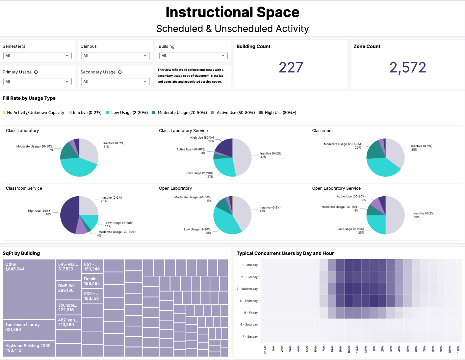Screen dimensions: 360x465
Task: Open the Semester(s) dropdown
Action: point(37,56)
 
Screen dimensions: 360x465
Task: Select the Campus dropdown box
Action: point(115,56)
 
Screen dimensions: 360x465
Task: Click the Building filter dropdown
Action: point(193,56)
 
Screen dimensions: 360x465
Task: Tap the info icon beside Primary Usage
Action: point(36,72)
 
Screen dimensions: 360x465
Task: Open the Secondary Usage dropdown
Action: point(115,81)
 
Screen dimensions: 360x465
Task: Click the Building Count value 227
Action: point(291,68)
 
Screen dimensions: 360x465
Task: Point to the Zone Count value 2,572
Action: point(407,68)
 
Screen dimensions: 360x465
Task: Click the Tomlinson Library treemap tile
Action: point(29,330)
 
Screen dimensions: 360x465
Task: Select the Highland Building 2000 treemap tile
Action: point(29,348)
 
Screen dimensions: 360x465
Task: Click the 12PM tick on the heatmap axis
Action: point(366,349)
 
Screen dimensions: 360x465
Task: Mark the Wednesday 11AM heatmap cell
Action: point(357,289)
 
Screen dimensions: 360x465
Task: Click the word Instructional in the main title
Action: point(209,13)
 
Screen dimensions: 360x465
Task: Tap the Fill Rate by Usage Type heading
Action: point(29,98)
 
